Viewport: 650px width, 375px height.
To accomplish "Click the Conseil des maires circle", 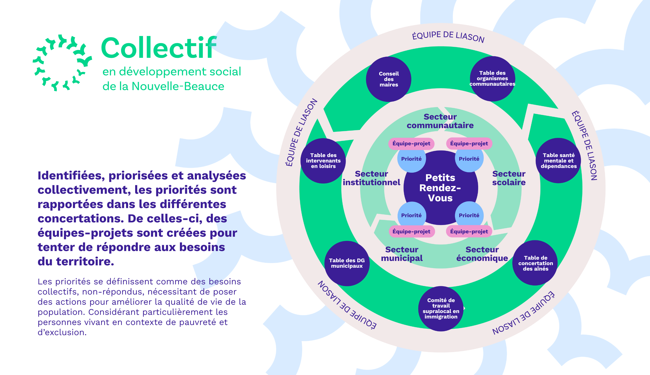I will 389,79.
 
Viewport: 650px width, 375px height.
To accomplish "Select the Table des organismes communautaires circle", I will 492,79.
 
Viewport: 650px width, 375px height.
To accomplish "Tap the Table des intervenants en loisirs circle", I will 323,161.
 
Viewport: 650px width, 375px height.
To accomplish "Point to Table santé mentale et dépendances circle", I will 558,161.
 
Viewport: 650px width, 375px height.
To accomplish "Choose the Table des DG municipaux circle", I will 347,263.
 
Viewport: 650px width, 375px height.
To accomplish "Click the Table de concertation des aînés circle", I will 535,263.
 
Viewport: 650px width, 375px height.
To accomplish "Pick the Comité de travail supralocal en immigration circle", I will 441,309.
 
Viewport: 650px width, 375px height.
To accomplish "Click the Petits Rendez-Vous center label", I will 440,188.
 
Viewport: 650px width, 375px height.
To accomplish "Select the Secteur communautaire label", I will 440,121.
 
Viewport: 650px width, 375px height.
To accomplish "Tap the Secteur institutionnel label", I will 371,178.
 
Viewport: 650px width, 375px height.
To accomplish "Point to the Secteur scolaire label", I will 509,178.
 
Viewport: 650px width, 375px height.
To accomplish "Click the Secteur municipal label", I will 402,254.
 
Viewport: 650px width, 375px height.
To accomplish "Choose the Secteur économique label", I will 482,254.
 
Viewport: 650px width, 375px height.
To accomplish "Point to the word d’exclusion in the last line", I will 62,333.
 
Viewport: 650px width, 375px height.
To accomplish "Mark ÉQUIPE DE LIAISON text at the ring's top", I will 448,36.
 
